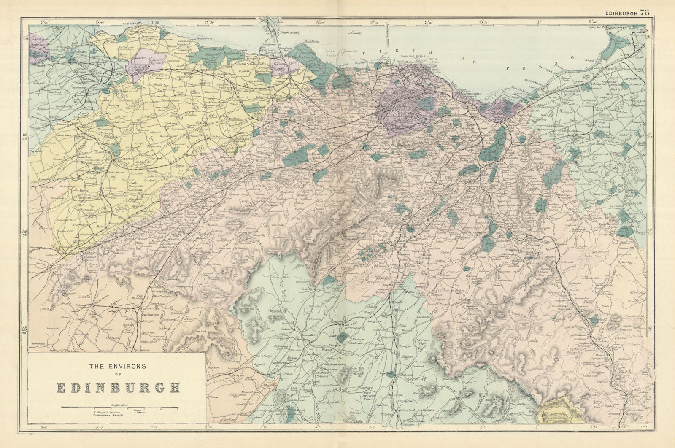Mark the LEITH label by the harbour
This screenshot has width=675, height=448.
point(434,70)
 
